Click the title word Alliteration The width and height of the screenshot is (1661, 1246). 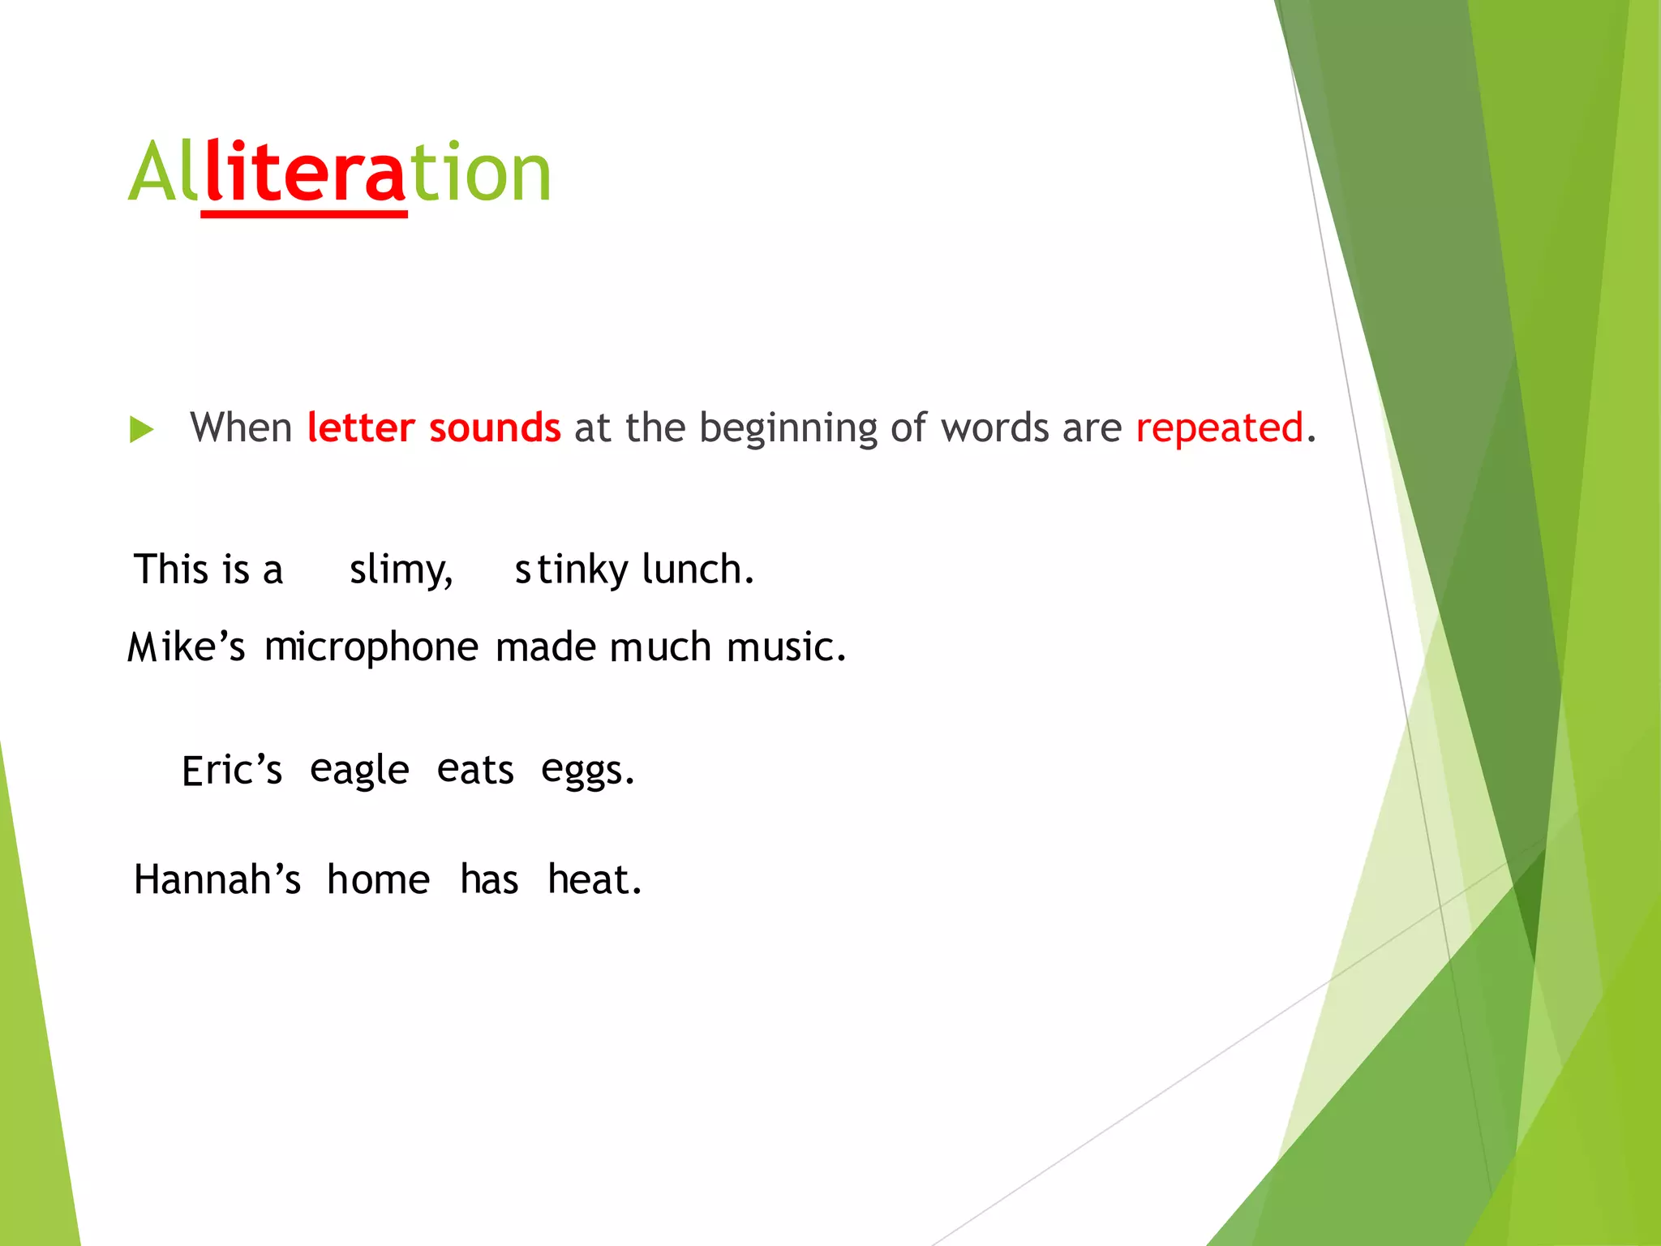[340, 172]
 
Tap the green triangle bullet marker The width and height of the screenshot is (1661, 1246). [141, 429]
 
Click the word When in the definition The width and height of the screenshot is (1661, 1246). [241, 428]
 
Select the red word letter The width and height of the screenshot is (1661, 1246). [361, 428]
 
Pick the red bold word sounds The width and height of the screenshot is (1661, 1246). [495, 428]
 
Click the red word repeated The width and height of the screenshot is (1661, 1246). [1219, 428]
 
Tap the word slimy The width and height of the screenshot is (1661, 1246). [401, 569]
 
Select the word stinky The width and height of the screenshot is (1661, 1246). [571, 569]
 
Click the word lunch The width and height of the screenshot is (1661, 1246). [697, 569]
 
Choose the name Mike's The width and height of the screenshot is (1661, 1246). [187, 647]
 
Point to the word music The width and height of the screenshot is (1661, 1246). [785, 647]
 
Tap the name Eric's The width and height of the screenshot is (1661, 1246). [232, 771]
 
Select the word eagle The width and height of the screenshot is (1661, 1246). [359, 771]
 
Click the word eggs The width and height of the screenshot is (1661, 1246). [587, 771]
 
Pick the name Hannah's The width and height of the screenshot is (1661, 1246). [217, 880]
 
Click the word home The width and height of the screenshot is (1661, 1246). [378, 880]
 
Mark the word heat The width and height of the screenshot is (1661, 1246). [594, 880]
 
